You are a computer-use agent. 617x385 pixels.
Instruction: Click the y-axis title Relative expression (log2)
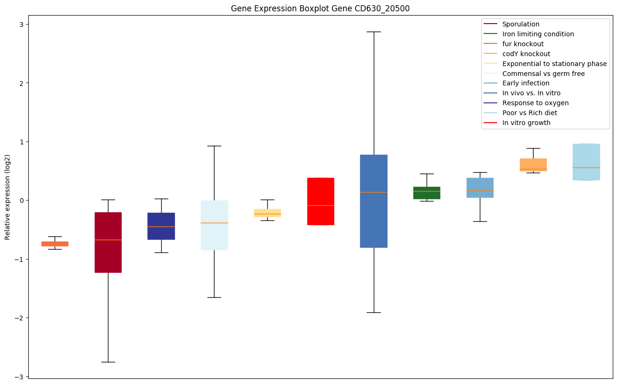click(8, 197)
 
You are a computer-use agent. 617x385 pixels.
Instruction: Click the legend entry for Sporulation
click(521, 24)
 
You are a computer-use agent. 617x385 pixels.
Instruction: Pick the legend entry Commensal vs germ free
click(543, 74)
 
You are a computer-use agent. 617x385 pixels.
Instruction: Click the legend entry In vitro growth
click(526, 123)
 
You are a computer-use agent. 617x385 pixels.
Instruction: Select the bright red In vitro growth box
click(321, 201)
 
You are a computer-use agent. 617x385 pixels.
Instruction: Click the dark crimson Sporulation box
click(108, 243)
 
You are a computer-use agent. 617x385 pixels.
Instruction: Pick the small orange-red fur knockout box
click(55, 243)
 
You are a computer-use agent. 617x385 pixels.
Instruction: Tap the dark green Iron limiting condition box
click(427, 192)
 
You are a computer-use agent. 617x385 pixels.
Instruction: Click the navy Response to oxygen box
click(161, 226)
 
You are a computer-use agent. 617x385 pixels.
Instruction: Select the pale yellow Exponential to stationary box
click(267, 213)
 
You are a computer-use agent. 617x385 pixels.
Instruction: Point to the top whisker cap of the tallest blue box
click(374, 32)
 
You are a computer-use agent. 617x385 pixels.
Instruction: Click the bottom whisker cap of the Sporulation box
click(108, 362)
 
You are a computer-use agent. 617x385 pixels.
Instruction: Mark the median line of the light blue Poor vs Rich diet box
click(586, 167)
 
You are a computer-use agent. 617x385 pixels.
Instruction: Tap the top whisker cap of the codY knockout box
click(533, 148)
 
